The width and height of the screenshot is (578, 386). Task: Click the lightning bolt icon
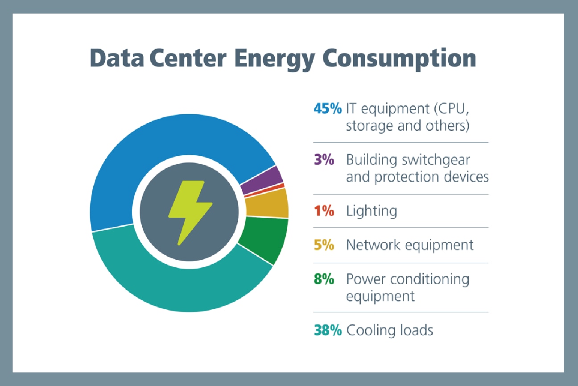tap(190, 212)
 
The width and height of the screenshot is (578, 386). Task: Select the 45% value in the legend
tap(327, 109)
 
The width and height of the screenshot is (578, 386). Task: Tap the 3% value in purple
tap(324, 160)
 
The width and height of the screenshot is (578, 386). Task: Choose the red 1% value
tap(324, 211)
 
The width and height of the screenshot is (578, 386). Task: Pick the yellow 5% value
tap(324, 245)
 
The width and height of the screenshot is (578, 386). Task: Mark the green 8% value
tap(324, 279)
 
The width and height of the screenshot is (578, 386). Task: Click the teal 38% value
tap(327, 330)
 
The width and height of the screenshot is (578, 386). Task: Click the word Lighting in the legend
tap(372, 211)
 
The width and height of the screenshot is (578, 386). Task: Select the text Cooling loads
tap(390, 330)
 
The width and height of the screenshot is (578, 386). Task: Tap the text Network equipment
tap(410, 245)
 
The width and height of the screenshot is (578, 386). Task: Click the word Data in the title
tap(116, 58)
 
